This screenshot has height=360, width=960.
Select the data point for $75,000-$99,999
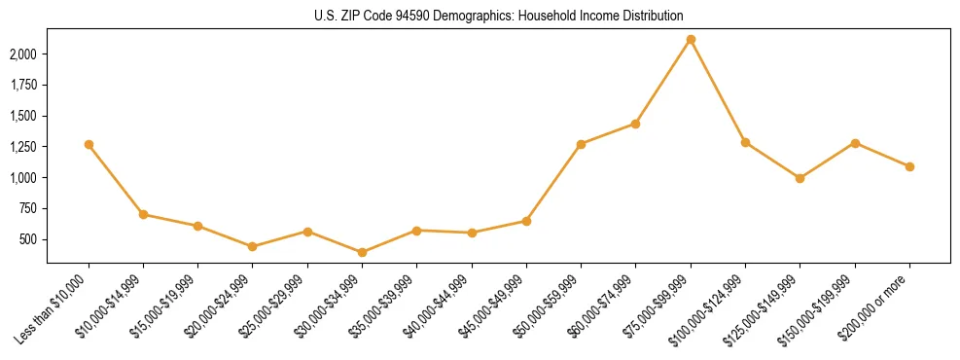[691, 40]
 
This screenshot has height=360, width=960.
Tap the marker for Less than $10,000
[89, 144]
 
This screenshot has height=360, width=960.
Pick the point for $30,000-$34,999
[362, 252]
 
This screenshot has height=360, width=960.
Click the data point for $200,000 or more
[909, 166]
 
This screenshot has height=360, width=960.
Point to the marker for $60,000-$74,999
[635, 124]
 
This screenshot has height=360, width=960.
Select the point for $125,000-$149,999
[800, 178]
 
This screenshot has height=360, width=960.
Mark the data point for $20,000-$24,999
[253, 246]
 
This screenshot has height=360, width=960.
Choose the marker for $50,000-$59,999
[581, 144]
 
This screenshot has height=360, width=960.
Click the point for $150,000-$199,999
[855, 143]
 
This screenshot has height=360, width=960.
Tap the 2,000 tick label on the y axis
[23, 54]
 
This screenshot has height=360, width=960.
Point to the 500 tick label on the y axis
[29, 239]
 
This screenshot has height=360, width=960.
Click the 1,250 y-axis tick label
[23, 147]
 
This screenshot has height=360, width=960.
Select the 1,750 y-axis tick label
[23, 85]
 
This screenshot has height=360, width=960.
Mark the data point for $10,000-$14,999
[143, 214]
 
